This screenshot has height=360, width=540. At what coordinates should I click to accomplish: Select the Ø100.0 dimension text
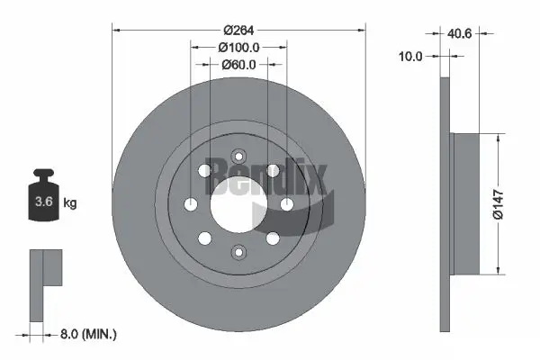tap(238, 46)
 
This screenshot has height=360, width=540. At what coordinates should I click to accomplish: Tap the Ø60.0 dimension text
tap(238, 64)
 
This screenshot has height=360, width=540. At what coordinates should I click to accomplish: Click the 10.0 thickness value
tap(410, 56)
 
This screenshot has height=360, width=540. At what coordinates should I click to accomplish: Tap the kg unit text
tap(70, 203)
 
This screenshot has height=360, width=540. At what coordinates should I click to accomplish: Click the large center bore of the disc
tap(238, 205)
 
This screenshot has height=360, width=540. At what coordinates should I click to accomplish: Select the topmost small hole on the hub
tap(238, 155)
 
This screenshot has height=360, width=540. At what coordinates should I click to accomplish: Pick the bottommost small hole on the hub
tap(238, 253)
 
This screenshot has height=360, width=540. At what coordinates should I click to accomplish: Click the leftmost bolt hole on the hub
tap(192, 204)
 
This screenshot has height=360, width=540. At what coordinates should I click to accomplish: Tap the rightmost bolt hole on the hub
tap(286, 204)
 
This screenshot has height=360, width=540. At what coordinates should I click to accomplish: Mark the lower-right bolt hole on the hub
tap(272, 238)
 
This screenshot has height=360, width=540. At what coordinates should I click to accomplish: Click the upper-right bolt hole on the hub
tap(272, 171)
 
